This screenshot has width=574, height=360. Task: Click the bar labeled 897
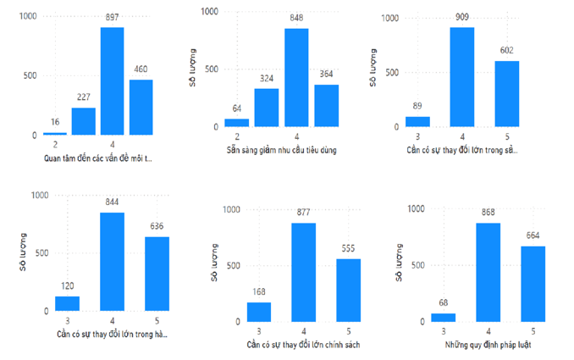tap(112, 81)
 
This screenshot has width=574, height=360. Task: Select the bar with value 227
tap(83, 121)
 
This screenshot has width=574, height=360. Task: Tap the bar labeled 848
tap(296, 79)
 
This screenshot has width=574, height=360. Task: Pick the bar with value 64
tap(237, 124)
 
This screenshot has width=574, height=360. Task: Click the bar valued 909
tap(461, 77)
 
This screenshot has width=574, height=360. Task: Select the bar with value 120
tap(68, 302)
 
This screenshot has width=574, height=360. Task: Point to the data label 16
tap(55, 123)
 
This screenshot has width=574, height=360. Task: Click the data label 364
tap(327, 75)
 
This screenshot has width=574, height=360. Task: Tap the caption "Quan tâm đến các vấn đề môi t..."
tap(99, 158)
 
